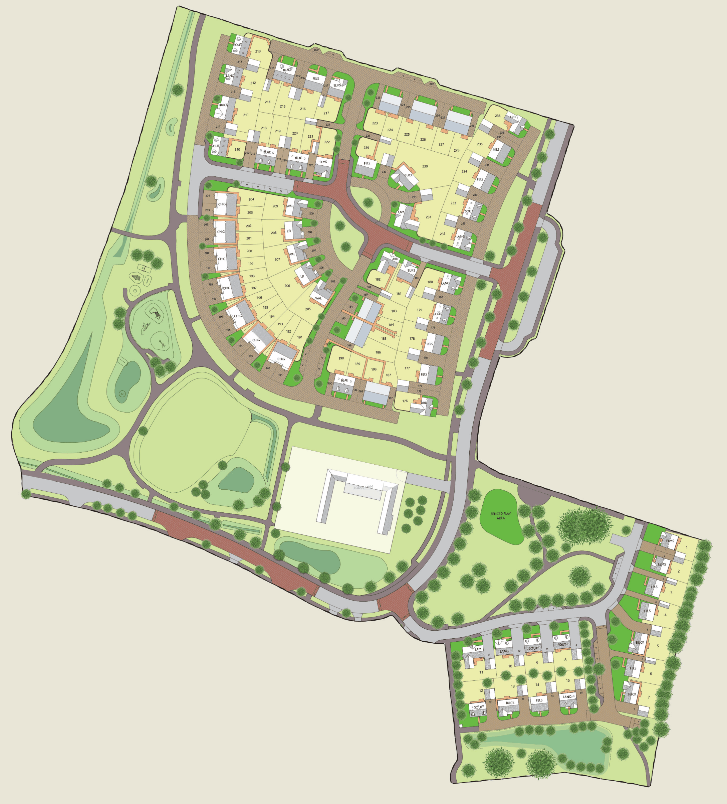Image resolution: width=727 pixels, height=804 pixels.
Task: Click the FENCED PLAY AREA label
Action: click(501, 516)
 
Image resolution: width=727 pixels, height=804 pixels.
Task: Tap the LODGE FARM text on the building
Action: click(363, 487)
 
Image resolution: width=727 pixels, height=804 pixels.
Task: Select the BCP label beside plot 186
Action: click(328, 344)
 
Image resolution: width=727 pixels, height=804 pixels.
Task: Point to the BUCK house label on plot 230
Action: click(408, 175)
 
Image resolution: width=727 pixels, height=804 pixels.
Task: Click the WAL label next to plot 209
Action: click(290, 206)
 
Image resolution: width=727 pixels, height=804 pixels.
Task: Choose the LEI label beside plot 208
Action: click(289, 231)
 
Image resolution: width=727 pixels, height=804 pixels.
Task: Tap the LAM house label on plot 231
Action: click(401, 212)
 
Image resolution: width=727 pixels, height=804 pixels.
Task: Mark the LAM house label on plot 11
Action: click(478, 649)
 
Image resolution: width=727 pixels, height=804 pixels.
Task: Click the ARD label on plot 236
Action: click(513, 117)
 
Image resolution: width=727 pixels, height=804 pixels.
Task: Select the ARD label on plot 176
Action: click(424, 403)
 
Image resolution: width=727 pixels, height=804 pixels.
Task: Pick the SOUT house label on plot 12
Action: click(478, 707)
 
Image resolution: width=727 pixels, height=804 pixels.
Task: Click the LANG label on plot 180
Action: click(445, 284)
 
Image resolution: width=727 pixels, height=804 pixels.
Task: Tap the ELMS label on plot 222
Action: click(323, 162)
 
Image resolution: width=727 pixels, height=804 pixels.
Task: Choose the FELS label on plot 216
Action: click(316, 78)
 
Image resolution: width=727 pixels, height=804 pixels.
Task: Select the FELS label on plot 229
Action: click(367, 163)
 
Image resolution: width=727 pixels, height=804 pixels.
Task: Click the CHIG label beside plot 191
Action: click(281, 359)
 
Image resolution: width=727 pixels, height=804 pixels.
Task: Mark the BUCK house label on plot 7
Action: click(632, 694)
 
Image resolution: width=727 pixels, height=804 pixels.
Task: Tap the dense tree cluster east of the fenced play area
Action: click(584, 526)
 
